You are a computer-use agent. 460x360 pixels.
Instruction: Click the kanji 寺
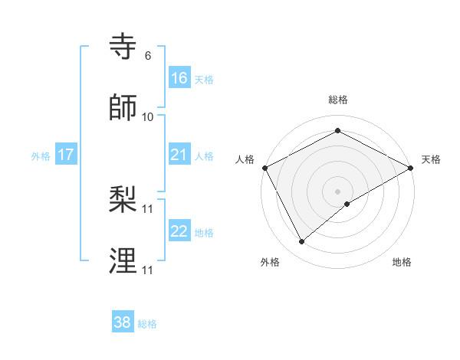[x=123, y=47]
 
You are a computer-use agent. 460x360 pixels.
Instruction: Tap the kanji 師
[x=123, y=108]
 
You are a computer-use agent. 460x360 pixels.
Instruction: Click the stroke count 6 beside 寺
[x=148, y=56]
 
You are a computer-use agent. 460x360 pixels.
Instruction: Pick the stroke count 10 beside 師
[x=148, y=116]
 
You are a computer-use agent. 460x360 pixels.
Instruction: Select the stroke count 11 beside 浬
[x=148, y=270]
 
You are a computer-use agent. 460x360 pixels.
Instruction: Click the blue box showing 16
[x=179, y=78]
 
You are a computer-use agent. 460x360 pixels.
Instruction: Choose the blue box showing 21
[x=179, y=155]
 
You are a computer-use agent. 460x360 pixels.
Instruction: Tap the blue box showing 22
[x=179, y=231]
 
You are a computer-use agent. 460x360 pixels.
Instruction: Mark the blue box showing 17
[x=66, y=155]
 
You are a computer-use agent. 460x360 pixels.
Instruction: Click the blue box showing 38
[x=123, y=322]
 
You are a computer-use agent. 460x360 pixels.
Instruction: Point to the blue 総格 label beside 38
[x=147, y=324]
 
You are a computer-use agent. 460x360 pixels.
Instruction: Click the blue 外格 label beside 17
[x=41, y=156]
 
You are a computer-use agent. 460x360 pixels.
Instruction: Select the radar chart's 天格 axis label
[x=431, y=159]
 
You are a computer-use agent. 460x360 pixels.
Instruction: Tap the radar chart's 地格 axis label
[x=402, y=262]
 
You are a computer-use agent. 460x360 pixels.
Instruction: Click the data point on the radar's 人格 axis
[x=264, y=168]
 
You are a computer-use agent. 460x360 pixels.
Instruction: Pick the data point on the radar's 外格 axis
[x=302, y=242]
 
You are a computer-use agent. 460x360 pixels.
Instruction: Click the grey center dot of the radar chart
[x=338, y=191]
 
